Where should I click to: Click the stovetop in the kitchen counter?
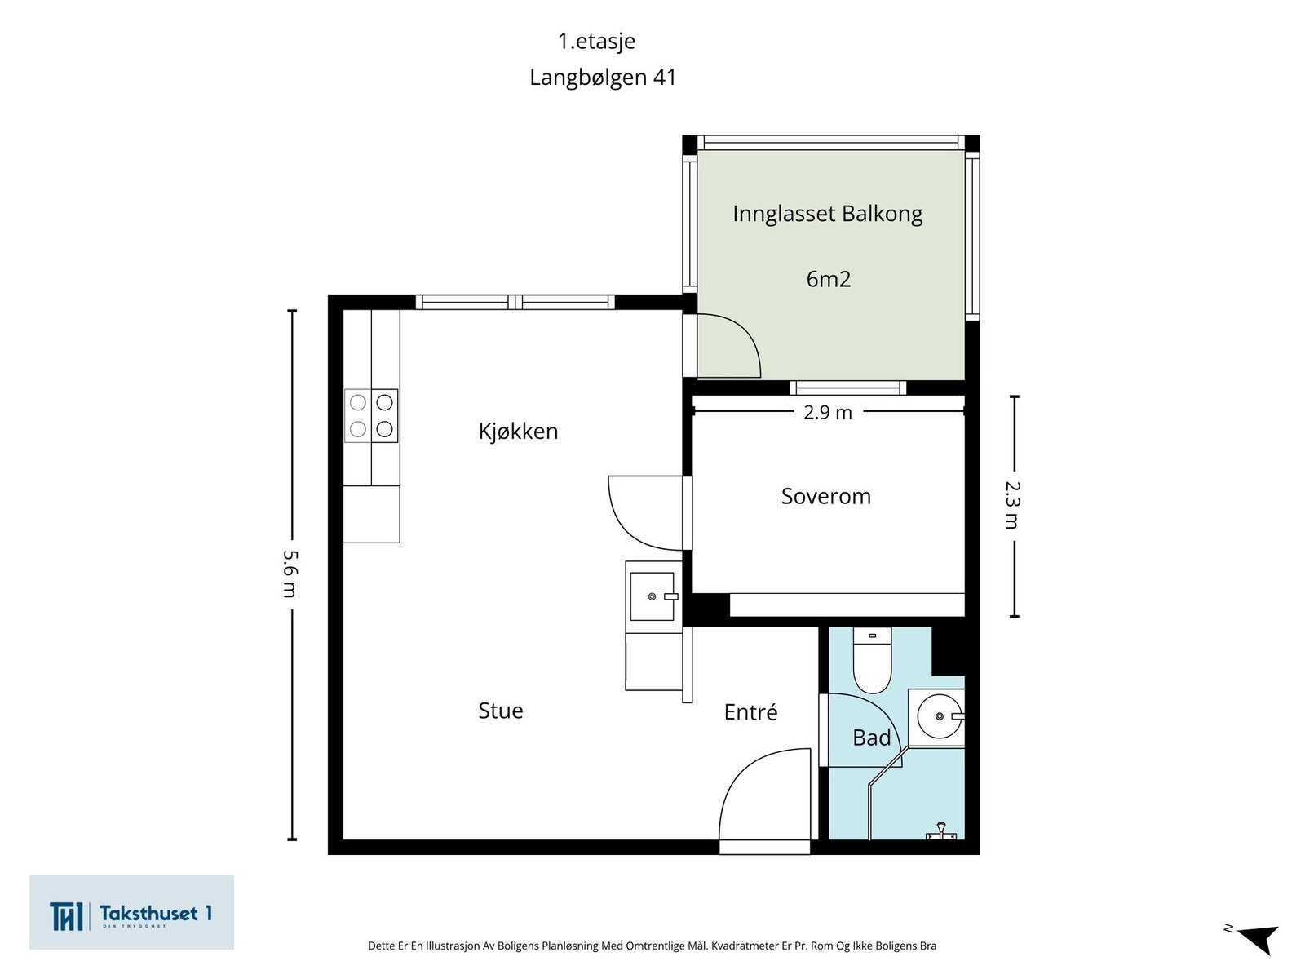[x=371, y=416]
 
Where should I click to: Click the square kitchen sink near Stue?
[x=652, y=596]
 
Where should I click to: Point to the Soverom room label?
[x=825, y=496]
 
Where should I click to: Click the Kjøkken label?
[x=518, y=431]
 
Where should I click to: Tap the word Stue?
[x=500, y=711]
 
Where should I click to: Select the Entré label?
[x=750, y=712]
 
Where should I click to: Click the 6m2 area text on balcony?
[x=828, y=279]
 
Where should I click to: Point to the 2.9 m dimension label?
[x=827, y=413]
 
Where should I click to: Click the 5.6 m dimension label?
[x=290, y=574]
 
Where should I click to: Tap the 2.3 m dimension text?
[x=1012, y=505]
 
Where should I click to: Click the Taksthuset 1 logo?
[x=131, y=913]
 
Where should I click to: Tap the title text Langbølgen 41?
[x=603, y=78]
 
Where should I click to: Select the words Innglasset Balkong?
[x=827, y=214]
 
